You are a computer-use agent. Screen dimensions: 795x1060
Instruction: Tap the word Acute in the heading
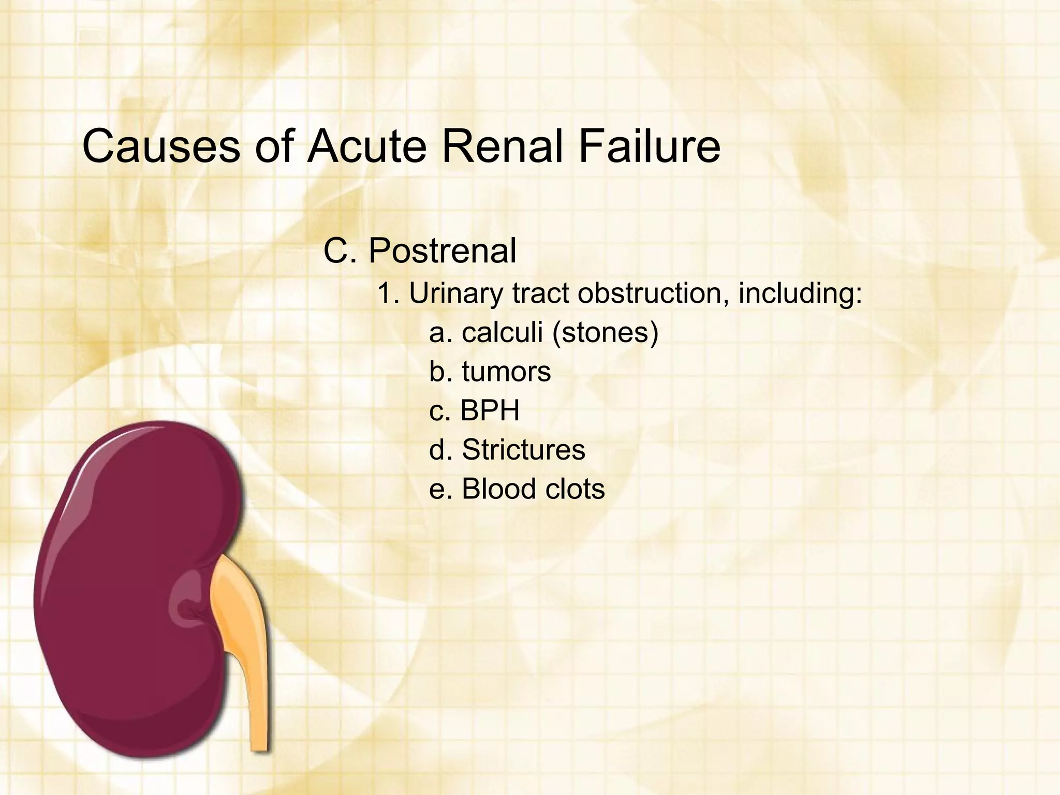coord(367,146)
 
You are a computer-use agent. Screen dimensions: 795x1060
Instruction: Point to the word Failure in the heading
coord(649,146)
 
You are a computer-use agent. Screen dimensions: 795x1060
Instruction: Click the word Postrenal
coord(442,251)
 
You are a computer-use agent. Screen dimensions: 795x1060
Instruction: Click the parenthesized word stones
coord(606,332)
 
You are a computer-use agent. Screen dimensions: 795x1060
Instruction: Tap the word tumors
coord(506,372)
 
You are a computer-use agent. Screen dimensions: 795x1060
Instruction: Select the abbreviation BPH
coord(490,410)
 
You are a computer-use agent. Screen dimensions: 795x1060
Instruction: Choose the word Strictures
coord(523,449)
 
